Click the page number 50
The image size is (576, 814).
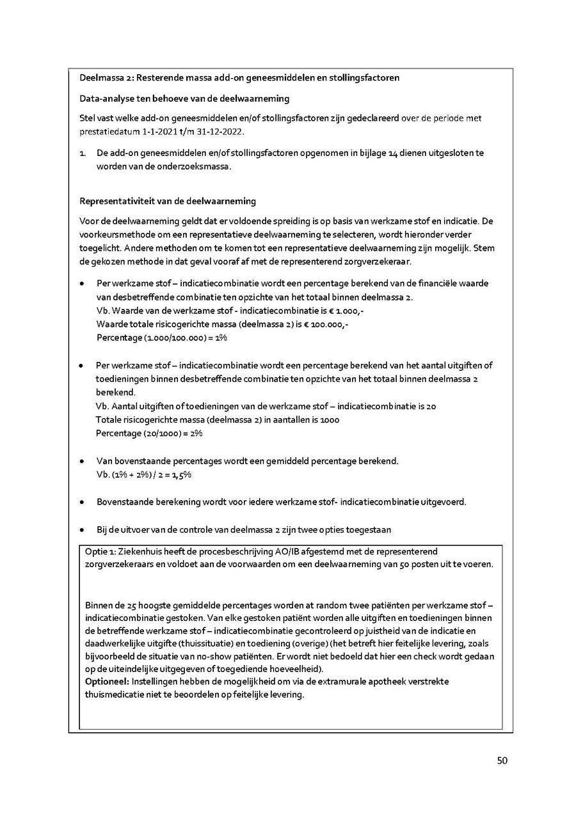(x=502, y=760)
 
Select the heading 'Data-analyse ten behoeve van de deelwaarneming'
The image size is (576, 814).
(x=184, y=98)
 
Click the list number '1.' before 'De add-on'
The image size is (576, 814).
(x=83, y=153)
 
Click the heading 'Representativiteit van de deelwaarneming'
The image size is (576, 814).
(x=167, y=201)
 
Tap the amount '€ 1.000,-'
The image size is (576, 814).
(x=346, y=310)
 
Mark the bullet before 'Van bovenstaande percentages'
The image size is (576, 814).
(x=82, y=461)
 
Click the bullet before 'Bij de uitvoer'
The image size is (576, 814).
(x=82, y=530)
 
